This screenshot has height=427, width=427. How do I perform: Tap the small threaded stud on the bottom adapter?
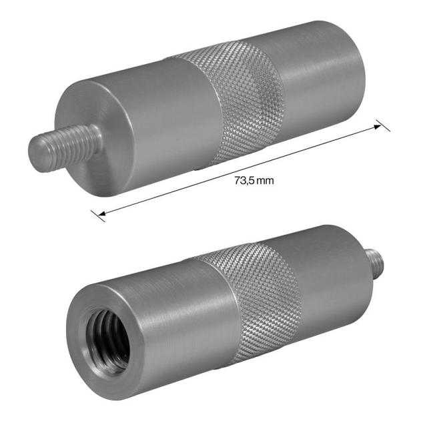(x=375, y=262)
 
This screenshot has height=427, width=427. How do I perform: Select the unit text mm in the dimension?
(x=267, y=180)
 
